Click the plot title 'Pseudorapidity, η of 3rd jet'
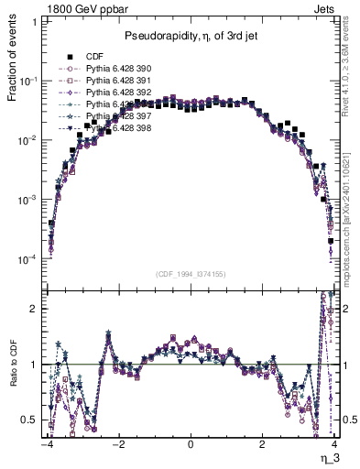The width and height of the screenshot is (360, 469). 191,36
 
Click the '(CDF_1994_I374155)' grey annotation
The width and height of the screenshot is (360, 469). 191,274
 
